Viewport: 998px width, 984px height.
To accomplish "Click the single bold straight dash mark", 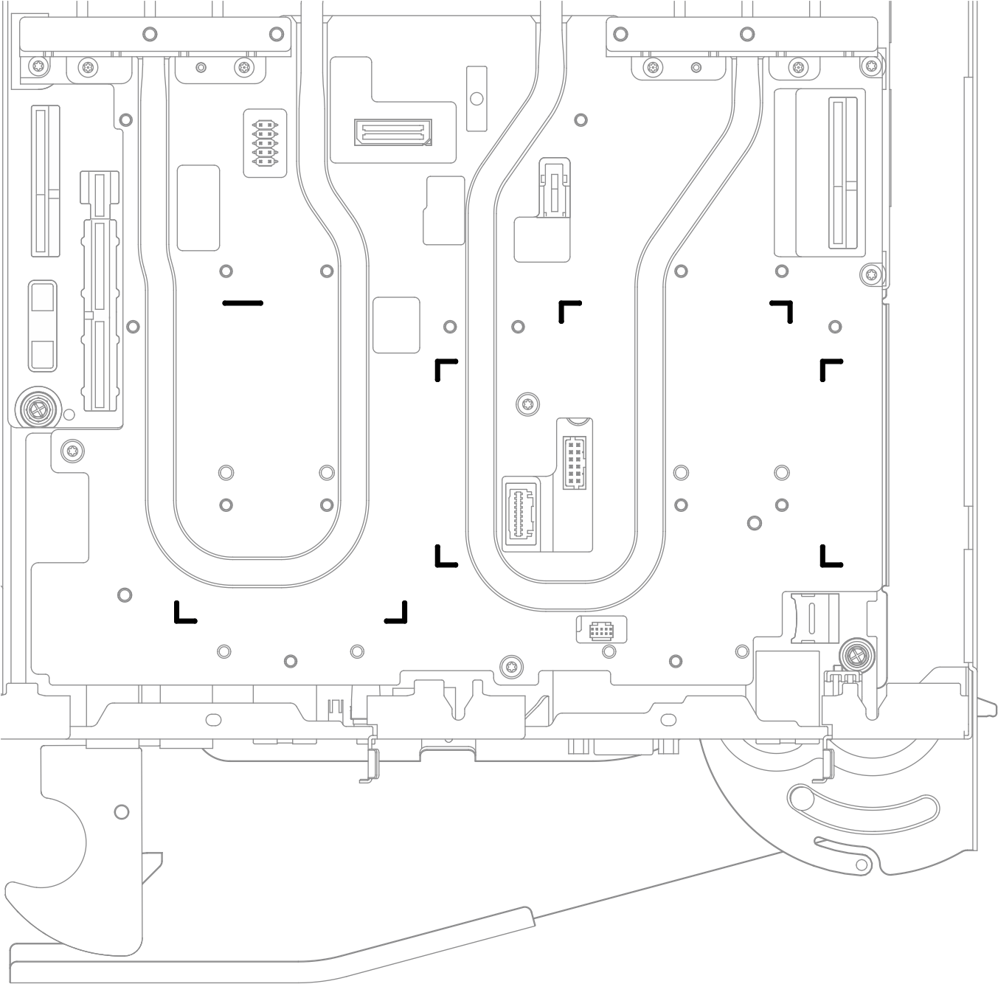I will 243,303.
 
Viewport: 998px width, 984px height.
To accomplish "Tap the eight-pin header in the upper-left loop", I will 265,143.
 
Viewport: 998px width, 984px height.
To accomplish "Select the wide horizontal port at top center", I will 393,133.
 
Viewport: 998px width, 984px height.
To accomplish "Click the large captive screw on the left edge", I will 35,406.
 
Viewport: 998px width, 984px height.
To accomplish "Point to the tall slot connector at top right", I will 837,174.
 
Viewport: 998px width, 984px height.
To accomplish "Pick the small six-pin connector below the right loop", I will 602,630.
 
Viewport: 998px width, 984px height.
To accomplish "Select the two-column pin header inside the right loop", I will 575,462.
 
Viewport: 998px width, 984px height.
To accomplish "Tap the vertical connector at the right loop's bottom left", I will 520,513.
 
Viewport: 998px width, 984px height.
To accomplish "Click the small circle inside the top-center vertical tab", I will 477,98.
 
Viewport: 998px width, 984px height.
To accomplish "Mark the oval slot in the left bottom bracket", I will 213,718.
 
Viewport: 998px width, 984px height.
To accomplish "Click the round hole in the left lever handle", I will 122,812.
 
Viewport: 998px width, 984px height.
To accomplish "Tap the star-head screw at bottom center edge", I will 509,666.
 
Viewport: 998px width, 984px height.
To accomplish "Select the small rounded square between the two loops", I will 396,325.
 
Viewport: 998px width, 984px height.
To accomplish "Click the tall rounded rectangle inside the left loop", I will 198,208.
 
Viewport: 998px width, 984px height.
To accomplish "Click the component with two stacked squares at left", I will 42,325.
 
